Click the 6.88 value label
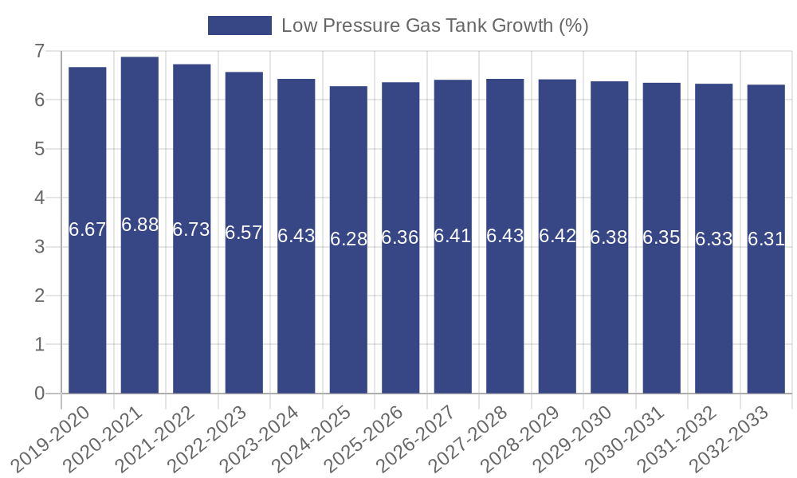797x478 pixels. pos(139,225)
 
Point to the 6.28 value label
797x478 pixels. pos(348,239)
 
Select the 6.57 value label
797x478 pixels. pos(244,233)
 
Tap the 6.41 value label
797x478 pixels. pos(453,236)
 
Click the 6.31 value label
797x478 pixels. pos(766,239)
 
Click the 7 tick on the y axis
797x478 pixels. pos(39,51)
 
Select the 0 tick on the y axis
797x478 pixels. pos(39,394)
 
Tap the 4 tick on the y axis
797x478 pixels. pos(39,198)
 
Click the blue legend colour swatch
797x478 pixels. pos(239,25)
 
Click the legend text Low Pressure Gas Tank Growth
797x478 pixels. pos(434,25)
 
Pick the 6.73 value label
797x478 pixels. pos(191,229)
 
